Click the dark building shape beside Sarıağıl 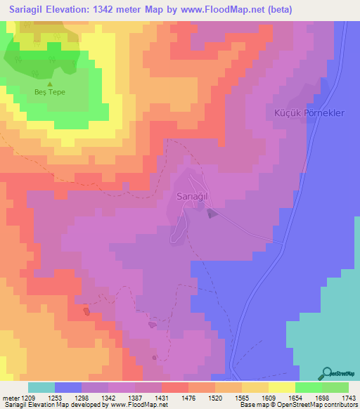[212, 214]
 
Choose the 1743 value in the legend [348, 398]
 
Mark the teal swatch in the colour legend [41, 387]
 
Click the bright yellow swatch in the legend [281, 387]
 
